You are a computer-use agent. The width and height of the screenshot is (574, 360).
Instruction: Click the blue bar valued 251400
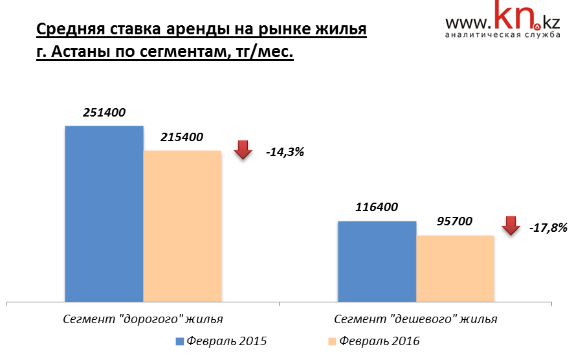coord(104,214)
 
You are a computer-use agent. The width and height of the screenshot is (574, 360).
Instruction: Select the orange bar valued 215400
coord(182,226)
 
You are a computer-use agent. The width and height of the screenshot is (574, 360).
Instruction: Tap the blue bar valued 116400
coord(377,261)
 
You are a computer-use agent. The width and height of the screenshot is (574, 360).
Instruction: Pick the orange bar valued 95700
coord(455,268)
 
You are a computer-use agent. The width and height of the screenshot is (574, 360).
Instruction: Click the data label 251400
coord(104,113)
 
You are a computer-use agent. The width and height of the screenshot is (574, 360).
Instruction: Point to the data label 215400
coord(182,137)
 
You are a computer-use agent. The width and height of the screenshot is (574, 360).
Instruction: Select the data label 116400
coord(377,208)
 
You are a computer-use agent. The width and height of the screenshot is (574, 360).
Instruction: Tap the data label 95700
coord(454,221)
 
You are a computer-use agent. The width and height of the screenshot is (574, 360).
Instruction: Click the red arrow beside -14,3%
coord(243,150)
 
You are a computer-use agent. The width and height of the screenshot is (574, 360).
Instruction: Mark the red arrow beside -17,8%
coord(511,225)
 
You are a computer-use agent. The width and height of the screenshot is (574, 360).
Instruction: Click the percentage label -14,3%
coord(284,153)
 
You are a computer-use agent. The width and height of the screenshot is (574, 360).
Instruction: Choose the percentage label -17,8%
coord(548,228)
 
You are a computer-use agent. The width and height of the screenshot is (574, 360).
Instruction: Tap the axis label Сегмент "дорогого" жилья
coord(143,319)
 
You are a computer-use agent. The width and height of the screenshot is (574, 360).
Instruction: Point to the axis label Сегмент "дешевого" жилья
coord(416,319)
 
